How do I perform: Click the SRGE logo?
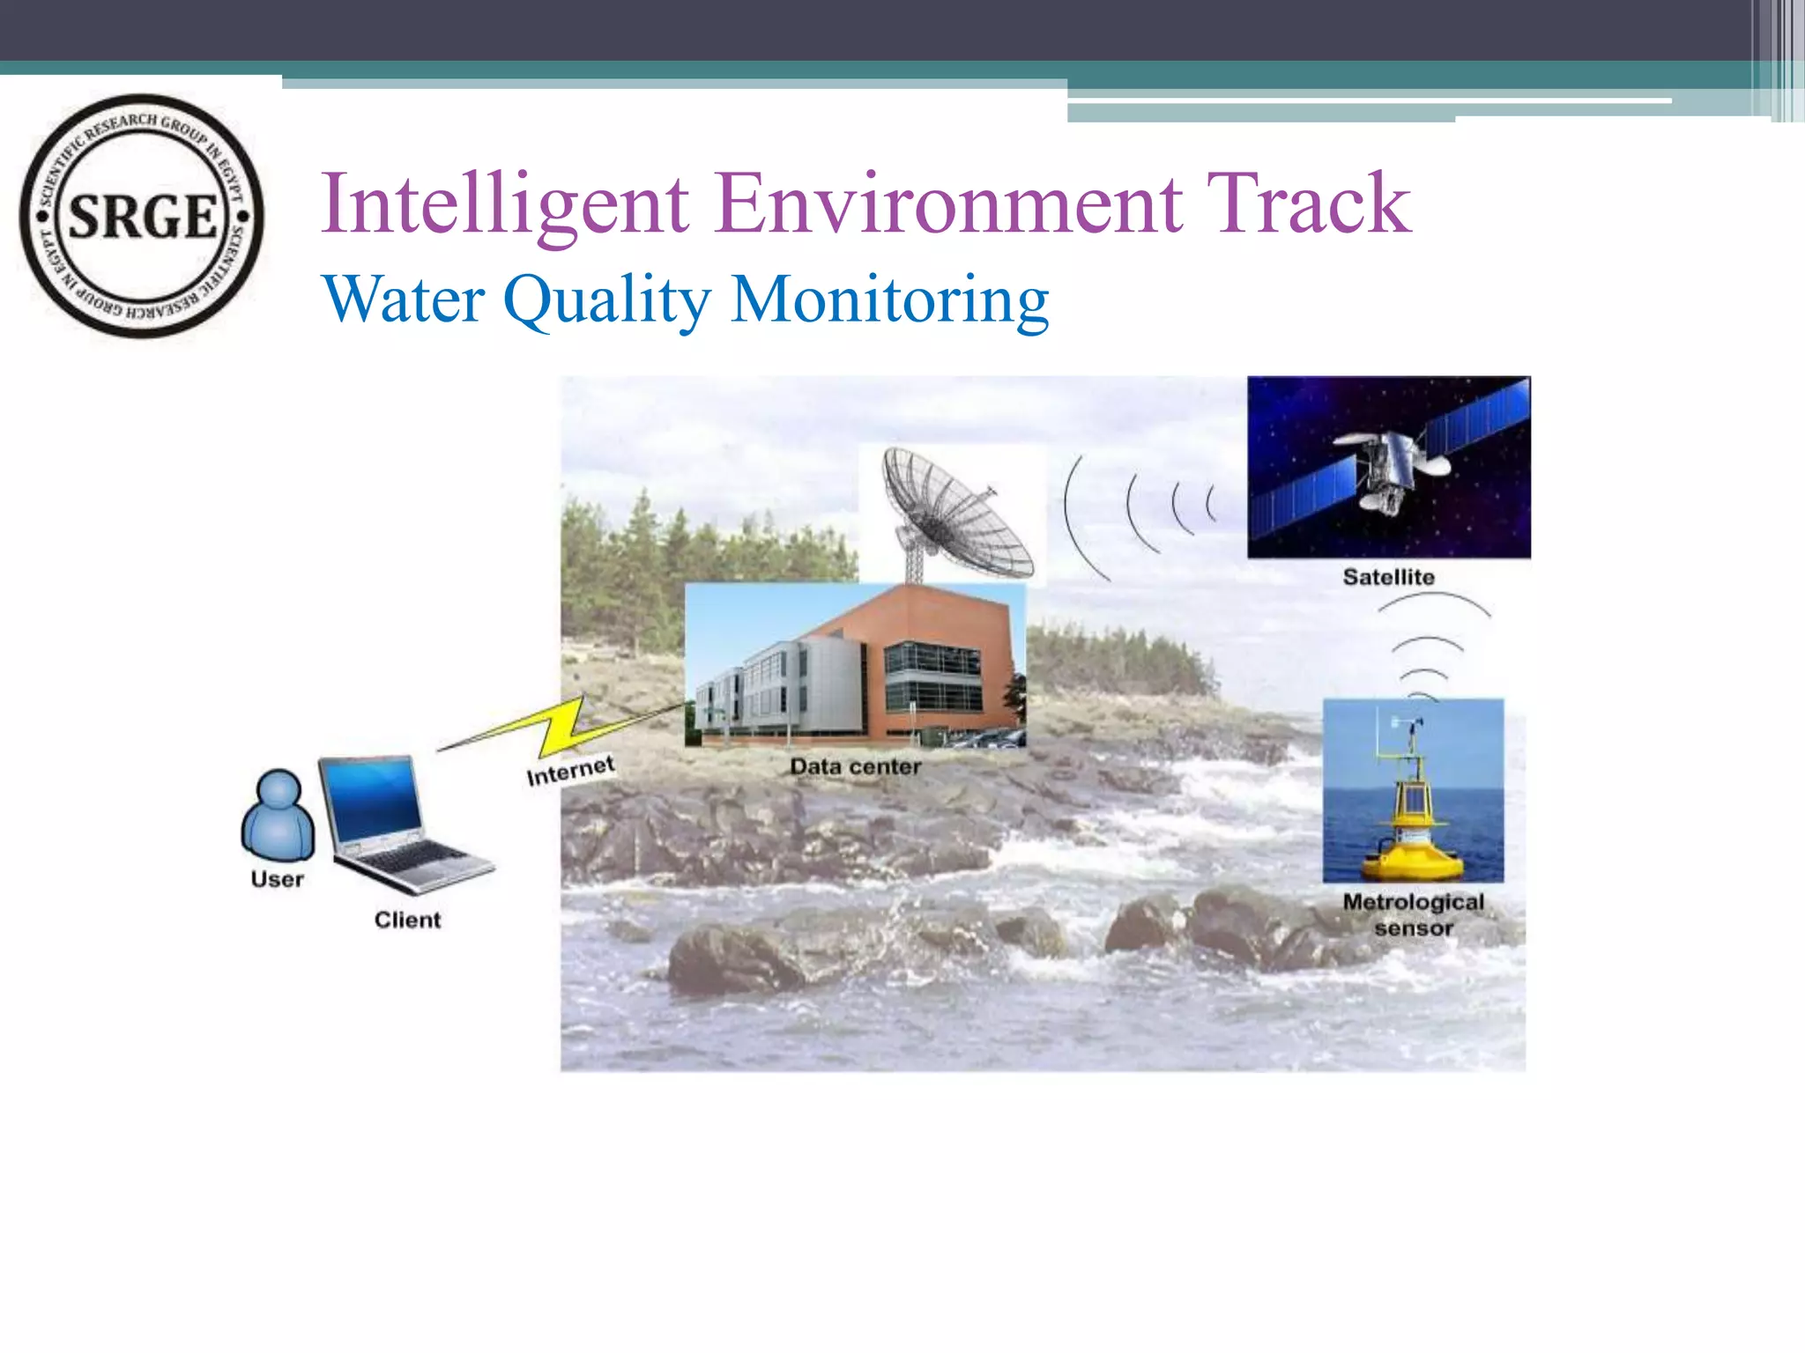click(141, 216)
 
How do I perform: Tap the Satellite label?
click(1388, 577)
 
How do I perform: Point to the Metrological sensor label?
click(1413, 914)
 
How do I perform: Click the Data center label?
click(855, 766)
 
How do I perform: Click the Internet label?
click(570, 771)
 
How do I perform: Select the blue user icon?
click(278, 815)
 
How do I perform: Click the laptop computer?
click(397, 824)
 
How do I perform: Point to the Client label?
click(407, 920)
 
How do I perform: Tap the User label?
click(277, 879)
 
